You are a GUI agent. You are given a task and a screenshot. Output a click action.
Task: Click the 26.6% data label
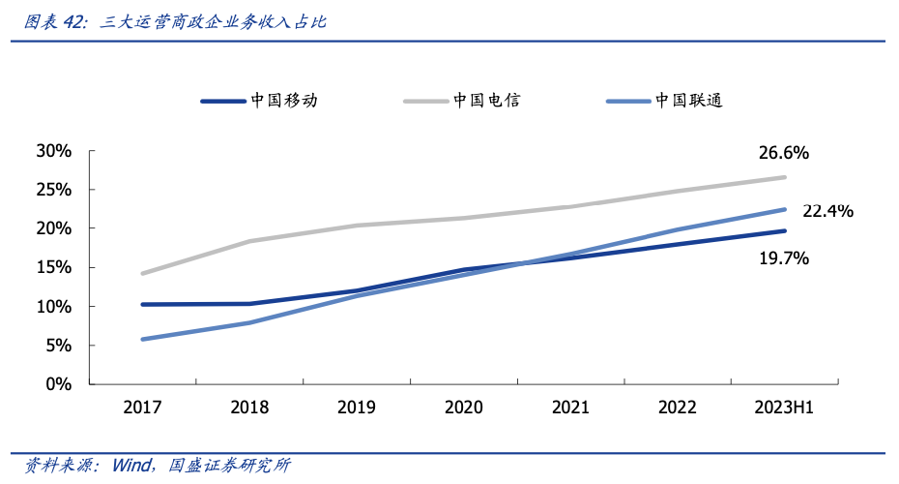coord(783,153)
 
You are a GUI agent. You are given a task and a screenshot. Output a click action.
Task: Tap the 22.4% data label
coord(827,211)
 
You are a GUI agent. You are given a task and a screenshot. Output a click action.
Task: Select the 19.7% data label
coord(783,258)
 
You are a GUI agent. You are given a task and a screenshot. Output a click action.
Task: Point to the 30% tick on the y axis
coord(54,151)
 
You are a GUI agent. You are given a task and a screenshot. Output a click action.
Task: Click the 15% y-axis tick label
coord(54,267)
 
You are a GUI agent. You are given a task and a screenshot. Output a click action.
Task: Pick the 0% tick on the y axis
coord(59,384)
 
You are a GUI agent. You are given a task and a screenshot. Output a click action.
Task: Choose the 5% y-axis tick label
coord(59,346)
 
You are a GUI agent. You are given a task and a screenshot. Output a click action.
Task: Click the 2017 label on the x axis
coord(142,408)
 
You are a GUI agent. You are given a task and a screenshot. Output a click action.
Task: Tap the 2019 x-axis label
coord(356,408)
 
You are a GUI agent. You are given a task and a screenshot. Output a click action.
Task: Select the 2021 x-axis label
coord(570,408)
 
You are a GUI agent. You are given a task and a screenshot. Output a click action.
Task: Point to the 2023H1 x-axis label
coord(784,408)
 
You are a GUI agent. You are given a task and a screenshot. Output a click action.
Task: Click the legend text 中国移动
coord(283,100)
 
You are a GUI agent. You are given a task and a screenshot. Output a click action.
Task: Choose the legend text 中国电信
coord(486,100)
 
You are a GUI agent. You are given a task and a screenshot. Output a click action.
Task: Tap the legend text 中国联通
coord(689,100)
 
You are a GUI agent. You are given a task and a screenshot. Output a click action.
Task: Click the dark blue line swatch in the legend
coord(222,101)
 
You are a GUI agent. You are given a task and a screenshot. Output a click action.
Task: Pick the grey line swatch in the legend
coord(425,101)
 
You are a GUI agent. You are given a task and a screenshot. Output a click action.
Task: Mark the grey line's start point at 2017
coord(143,274)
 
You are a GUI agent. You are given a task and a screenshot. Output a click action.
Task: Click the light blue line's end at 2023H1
coord(784,209)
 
